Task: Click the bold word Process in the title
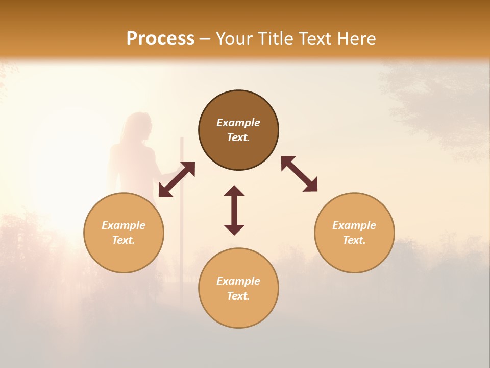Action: click(x=160, y=39)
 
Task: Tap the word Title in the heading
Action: click(x=276, y=39)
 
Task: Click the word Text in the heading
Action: click(x=316, y=39)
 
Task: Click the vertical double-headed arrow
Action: click(x=234, y=210)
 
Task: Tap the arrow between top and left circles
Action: click(x=177, y=179)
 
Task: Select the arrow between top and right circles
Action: click(x=300, y=174)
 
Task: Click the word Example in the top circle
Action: click(x=238, y=123)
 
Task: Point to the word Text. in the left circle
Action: click(x=124, y=240)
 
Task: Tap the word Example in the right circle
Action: click(x=354, y=225)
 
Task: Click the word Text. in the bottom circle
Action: click(x=238, y=296)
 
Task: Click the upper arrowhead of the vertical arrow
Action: click(x=234, y=191)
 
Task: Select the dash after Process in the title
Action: click(x=205, y=39)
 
